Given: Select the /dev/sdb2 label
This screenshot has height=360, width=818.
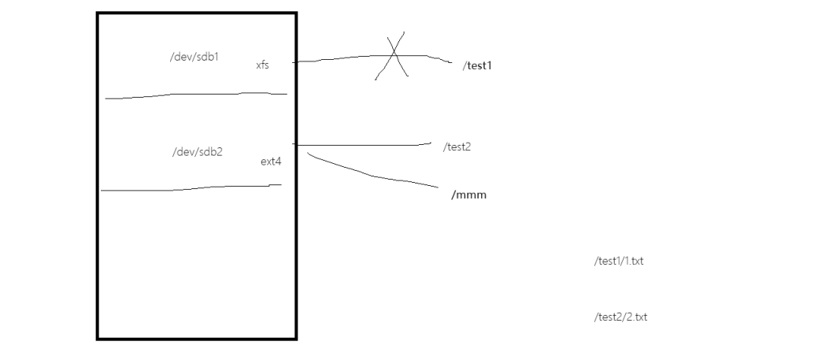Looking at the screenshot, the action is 198,152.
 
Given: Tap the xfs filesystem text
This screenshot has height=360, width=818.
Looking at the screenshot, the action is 262,65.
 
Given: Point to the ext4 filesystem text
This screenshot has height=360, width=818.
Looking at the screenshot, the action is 271,161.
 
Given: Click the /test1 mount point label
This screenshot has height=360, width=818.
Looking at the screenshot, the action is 477,65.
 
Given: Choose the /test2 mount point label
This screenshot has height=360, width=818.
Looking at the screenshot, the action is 457,147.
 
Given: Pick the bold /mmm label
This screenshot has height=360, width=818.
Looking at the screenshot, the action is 468,195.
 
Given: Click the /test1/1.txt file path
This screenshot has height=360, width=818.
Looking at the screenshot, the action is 619,261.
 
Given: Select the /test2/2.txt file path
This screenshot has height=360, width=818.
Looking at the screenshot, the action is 620,317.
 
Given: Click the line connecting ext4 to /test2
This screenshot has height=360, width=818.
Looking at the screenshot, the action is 362,144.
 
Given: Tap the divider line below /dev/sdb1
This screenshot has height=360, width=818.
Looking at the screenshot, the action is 197,95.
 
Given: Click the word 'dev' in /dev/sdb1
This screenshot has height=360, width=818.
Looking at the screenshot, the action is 183,57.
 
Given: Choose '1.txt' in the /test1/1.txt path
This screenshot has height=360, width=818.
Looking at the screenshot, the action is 632,261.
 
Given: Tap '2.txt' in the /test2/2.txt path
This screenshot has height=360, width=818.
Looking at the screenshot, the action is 635,317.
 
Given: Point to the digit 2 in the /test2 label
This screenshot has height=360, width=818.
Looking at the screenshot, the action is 468,147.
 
